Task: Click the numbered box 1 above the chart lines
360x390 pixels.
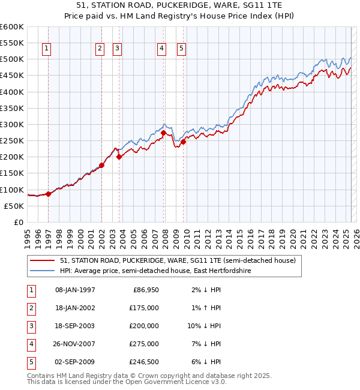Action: [x=47, y=49]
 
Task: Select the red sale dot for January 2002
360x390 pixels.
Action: [x=101, y=165]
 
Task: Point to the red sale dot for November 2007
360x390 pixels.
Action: [x=164, y=133]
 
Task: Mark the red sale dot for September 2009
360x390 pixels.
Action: [x=183, y=142]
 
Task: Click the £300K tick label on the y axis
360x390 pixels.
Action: [x=12, y=124]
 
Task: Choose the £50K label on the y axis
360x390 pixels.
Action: [x=14, y=206]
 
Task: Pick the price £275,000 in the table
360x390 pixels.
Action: [x=145, y=344]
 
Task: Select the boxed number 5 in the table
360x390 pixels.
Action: [x=30, y=362]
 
